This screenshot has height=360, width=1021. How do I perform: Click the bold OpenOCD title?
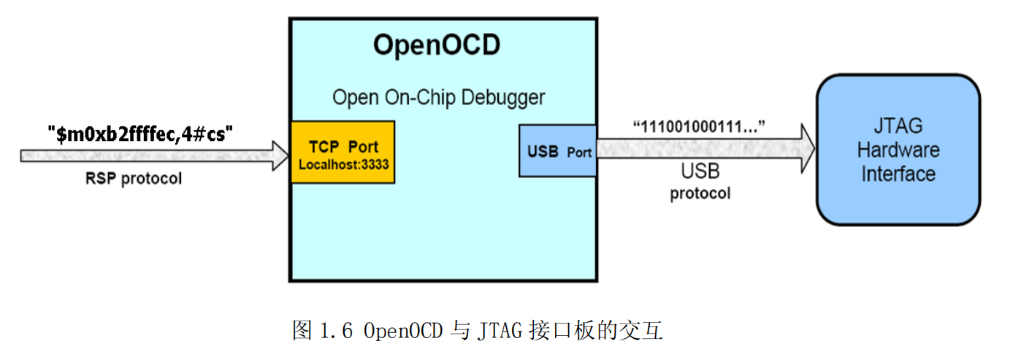[x=437, y=45]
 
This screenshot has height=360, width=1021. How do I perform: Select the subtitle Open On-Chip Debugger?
[x=438, y=97]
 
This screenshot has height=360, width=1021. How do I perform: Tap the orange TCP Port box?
[x=343, y=152]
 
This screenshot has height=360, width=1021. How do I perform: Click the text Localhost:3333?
[x=343, y=165]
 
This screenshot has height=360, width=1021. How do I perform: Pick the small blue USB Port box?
[x=557, y=151]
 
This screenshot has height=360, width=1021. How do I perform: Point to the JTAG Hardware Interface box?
[x=898, y=149]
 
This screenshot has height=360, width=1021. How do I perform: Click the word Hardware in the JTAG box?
[x=898, y=150]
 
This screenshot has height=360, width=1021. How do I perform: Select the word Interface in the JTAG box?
[x=898, y=174]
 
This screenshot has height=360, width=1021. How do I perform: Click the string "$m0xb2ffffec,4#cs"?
[x=140, y=133]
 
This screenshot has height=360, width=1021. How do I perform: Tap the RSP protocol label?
[x=134, y=178]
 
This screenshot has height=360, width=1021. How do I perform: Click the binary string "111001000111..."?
[x=698, y=127]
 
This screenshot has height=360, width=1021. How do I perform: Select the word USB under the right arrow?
[x=700, y=172]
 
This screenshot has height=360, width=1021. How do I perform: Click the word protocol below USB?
[x=700, y=194]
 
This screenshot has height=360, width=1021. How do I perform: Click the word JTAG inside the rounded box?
[x=898, y=127]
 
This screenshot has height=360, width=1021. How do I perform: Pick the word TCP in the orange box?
[x=324, y=147]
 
